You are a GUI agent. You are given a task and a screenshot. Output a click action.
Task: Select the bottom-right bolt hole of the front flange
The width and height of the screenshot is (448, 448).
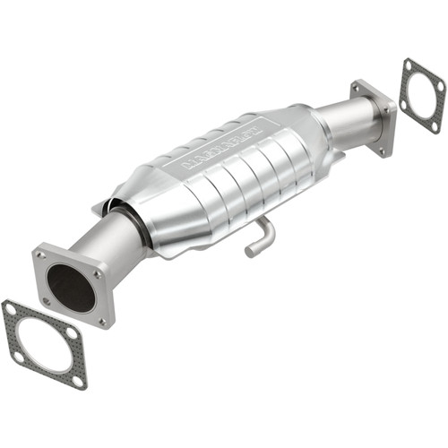100,320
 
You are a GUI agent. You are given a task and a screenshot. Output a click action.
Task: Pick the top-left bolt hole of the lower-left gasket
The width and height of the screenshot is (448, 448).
11,311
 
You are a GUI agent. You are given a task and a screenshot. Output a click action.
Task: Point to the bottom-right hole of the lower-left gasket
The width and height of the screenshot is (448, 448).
77,382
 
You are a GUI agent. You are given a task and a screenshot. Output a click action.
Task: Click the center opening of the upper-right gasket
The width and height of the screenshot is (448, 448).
423,94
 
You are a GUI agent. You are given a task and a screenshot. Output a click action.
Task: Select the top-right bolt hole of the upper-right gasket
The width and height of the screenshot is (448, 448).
439,86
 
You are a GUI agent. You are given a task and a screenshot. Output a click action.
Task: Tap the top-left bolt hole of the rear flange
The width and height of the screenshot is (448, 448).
358,88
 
